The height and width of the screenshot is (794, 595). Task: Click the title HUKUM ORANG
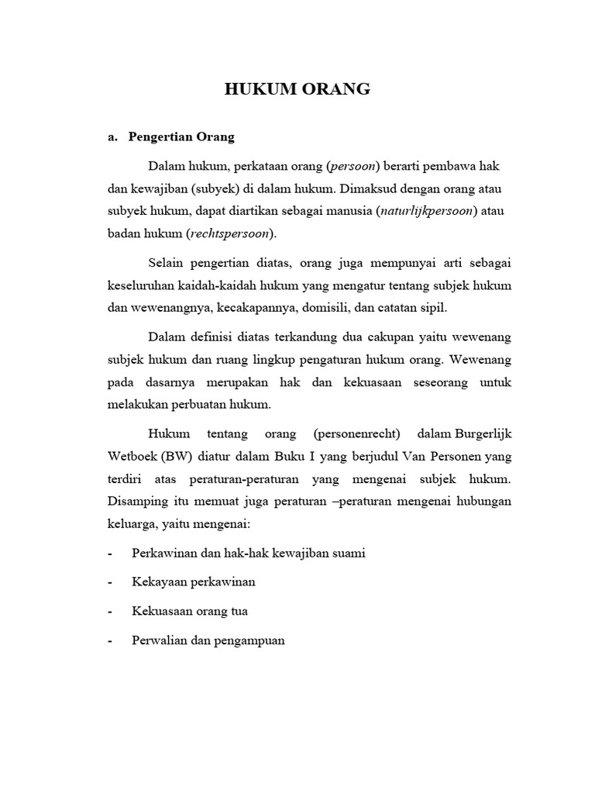tap(297, 89)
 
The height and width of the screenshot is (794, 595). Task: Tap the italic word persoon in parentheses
tap(353, 165)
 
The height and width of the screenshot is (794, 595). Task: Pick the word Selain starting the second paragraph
tap(166, 263)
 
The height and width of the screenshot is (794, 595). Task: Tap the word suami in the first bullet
tap(349, 553)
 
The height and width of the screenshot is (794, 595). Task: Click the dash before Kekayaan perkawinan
tap(111, 582)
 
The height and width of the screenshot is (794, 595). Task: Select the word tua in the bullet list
tap(239, 611)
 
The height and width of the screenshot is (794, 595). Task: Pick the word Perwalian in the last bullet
tap(157, 640)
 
